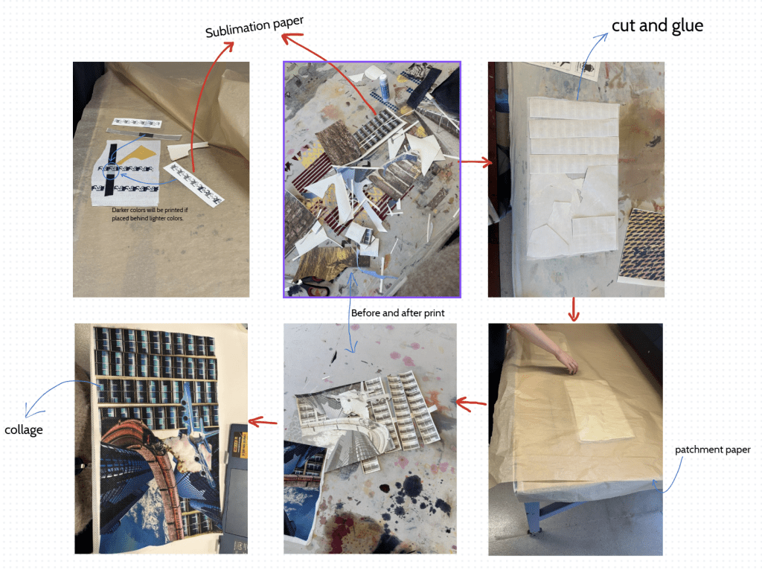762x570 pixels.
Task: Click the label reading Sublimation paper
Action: [x=254, y=27]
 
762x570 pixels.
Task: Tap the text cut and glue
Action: [x=657, y=25]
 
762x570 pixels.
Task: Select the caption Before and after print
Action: [x=397, y=313]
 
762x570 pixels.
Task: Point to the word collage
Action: [x=23, y=429]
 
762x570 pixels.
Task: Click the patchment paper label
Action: [x=712, y=449]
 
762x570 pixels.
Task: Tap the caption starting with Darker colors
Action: [x=149, y=214]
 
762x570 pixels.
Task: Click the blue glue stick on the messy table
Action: [x=384, y=86]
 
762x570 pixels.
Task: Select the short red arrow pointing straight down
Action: [x=574, y=310]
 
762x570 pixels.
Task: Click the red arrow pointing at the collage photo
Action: [x=263, y=422]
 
